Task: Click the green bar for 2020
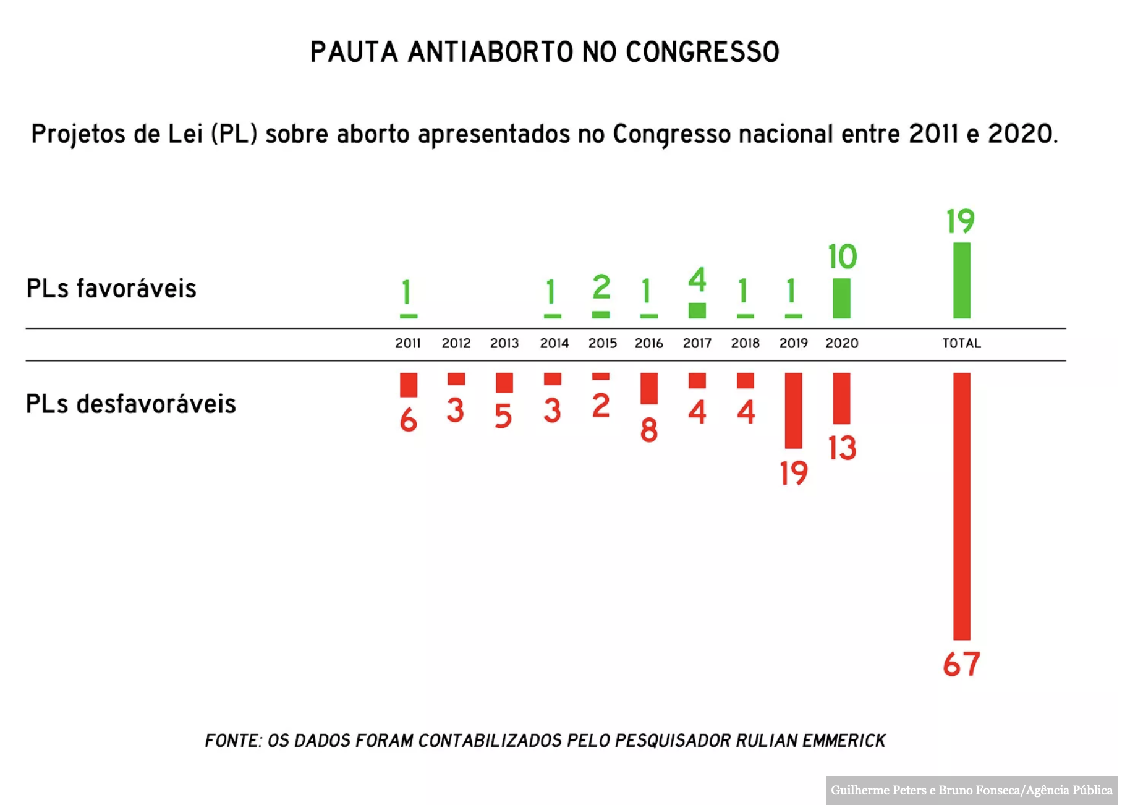click(841, 298)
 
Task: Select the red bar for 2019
click(793, 410)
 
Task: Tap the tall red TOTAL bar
click(961, 506)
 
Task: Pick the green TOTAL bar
click(961, 280)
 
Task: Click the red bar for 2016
click(648, 388)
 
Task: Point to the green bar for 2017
click(697, 310)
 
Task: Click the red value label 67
click(961, 665)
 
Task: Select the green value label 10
click(842, 257)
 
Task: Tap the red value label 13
click(842, 448)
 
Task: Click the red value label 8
click(648, 430)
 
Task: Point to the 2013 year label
click(504, 343)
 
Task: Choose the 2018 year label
click(745, 343)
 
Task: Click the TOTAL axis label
click(961, 343)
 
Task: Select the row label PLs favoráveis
click(111, 289)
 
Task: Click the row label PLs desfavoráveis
click(131, 404)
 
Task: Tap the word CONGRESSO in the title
click(702, 52)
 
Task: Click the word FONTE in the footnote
click(233, 740)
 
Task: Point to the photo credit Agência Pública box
click(972, 790)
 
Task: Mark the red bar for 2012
click(456, 379)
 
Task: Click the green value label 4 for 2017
click(697, 279)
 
